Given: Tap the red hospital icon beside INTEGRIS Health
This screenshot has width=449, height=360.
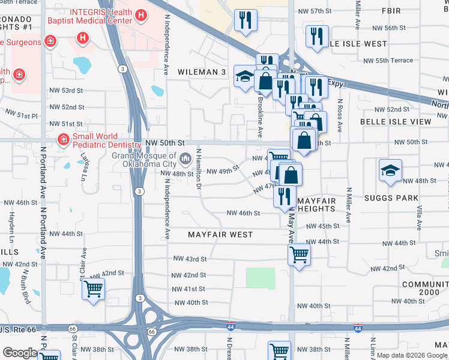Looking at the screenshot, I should click(141, 14).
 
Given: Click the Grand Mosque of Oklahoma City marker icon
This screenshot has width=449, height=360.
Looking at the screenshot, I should click(185, 159).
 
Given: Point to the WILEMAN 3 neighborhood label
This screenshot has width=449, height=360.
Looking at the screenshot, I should click(202, 72).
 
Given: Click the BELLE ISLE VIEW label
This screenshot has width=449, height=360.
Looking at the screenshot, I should click(396, 121).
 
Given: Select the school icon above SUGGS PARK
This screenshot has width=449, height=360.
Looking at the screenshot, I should click(390, 170).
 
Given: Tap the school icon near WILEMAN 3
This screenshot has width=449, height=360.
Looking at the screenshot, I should click(244, 77).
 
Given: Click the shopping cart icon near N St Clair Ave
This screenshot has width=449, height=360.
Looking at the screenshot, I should click(93, 289).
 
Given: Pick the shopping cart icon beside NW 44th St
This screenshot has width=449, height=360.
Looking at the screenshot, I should click(298, 254).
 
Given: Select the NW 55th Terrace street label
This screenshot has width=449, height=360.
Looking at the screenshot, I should click(388, 61).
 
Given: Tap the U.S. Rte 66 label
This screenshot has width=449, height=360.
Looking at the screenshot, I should click(18, 329).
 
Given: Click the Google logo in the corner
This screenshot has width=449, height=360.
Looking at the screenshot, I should click(19, 353).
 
